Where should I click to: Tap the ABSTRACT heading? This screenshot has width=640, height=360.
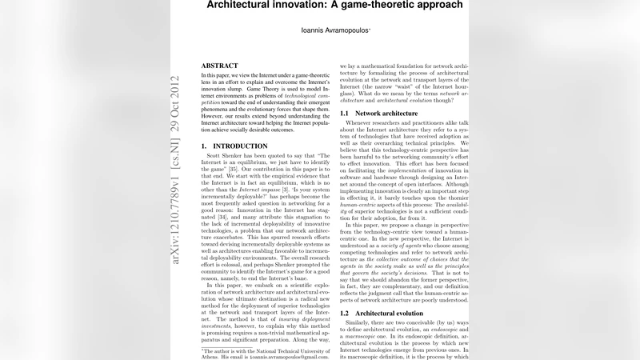tap(219, 66)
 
